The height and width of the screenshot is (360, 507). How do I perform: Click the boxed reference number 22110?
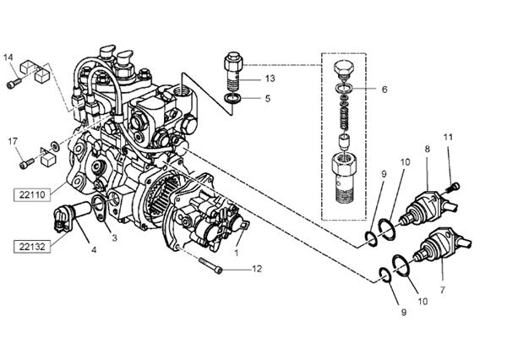(33, 194)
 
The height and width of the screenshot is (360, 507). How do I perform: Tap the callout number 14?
(8, 57)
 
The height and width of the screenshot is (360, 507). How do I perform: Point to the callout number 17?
(14, 140)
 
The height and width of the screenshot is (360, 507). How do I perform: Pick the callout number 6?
(384, 89)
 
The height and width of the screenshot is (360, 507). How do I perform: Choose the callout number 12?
(257, 269)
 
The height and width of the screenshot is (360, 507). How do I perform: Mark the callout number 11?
(449, 137)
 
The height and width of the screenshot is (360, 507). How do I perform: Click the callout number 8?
(427, 150)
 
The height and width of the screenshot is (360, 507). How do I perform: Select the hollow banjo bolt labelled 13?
(233, 71)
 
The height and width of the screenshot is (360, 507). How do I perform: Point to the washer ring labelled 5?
(233, 101)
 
